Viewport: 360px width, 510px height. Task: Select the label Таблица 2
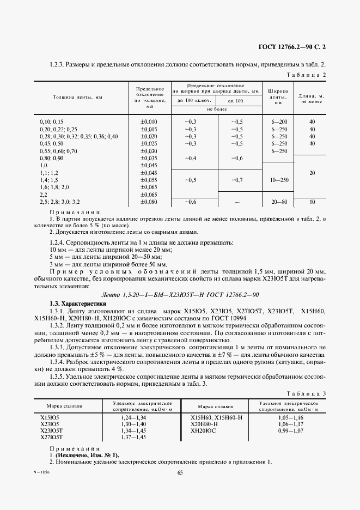pos(306,75)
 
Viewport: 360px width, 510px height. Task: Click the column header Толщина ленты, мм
pos(77,98)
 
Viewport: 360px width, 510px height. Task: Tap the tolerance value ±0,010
pos(149,121)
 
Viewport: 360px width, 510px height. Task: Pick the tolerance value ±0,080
pos(149,202)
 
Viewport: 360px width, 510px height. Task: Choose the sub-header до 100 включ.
pos(193,101)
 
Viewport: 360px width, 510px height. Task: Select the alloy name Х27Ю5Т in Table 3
pos(52,437)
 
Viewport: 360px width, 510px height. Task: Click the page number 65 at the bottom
pos(180,472)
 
